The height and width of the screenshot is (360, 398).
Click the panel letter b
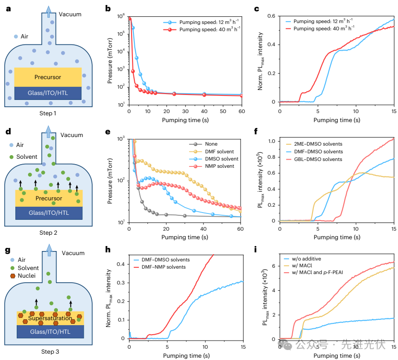coord(108,8)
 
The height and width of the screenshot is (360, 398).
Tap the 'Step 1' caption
coord(48,113)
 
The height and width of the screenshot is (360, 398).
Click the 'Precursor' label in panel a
coord(48,77)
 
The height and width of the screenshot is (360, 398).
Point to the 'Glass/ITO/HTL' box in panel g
coord(48,332)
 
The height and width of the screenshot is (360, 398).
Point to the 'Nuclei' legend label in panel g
coord(30,276)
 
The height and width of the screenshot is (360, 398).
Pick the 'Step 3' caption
coord(48,351)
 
